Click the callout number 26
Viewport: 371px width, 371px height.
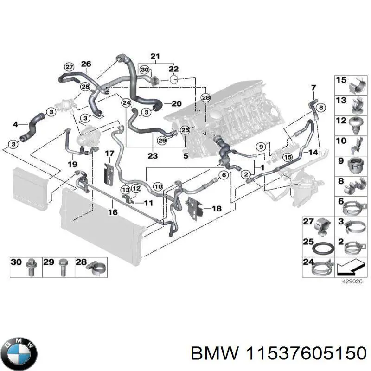(x=86, y=64)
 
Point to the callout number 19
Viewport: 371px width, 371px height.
(x=72, y=164)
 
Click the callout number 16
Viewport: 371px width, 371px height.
(x=113, y=212)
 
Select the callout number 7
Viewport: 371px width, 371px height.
(x=313, y=88)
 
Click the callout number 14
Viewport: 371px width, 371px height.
(x=313, y=152)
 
